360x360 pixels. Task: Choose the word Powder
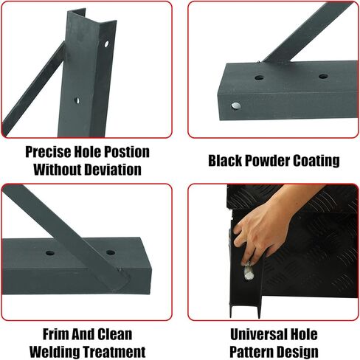coord(271,161)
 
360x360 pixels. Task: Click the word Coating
coord(319,161)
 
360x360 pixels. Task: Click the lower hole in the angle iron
coord(77,98)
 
